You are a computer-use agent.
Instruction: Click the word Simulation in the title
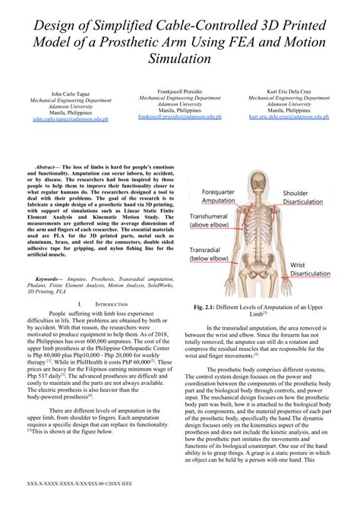179,58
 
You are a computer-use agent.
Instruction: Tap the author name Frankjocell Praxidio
179,90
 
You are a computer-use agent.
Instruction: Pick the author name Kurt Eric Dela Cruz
289,90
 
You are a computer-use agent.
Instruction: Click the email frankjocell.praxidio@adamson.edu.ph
179,117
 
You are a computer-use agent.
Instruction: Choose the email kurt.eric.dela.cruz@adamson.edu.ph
289,117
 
